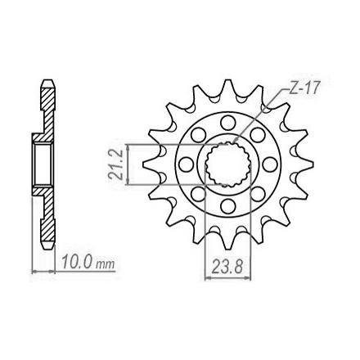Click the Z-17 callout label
click(x=304, y=88)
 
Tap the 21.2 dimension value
click(x=116, y=164)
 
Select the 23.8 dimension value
click(x=227, y=266)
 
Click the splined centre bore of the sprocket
click(x=227, y=164)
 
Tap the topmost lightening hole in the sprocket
click(x=228, y=123)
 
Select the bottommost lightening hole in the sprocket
click(x=228, y=206)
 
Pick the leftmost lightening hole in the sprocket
click(x=186, y=164)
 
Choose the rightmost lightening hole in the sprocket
click(x=270, y=164)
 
